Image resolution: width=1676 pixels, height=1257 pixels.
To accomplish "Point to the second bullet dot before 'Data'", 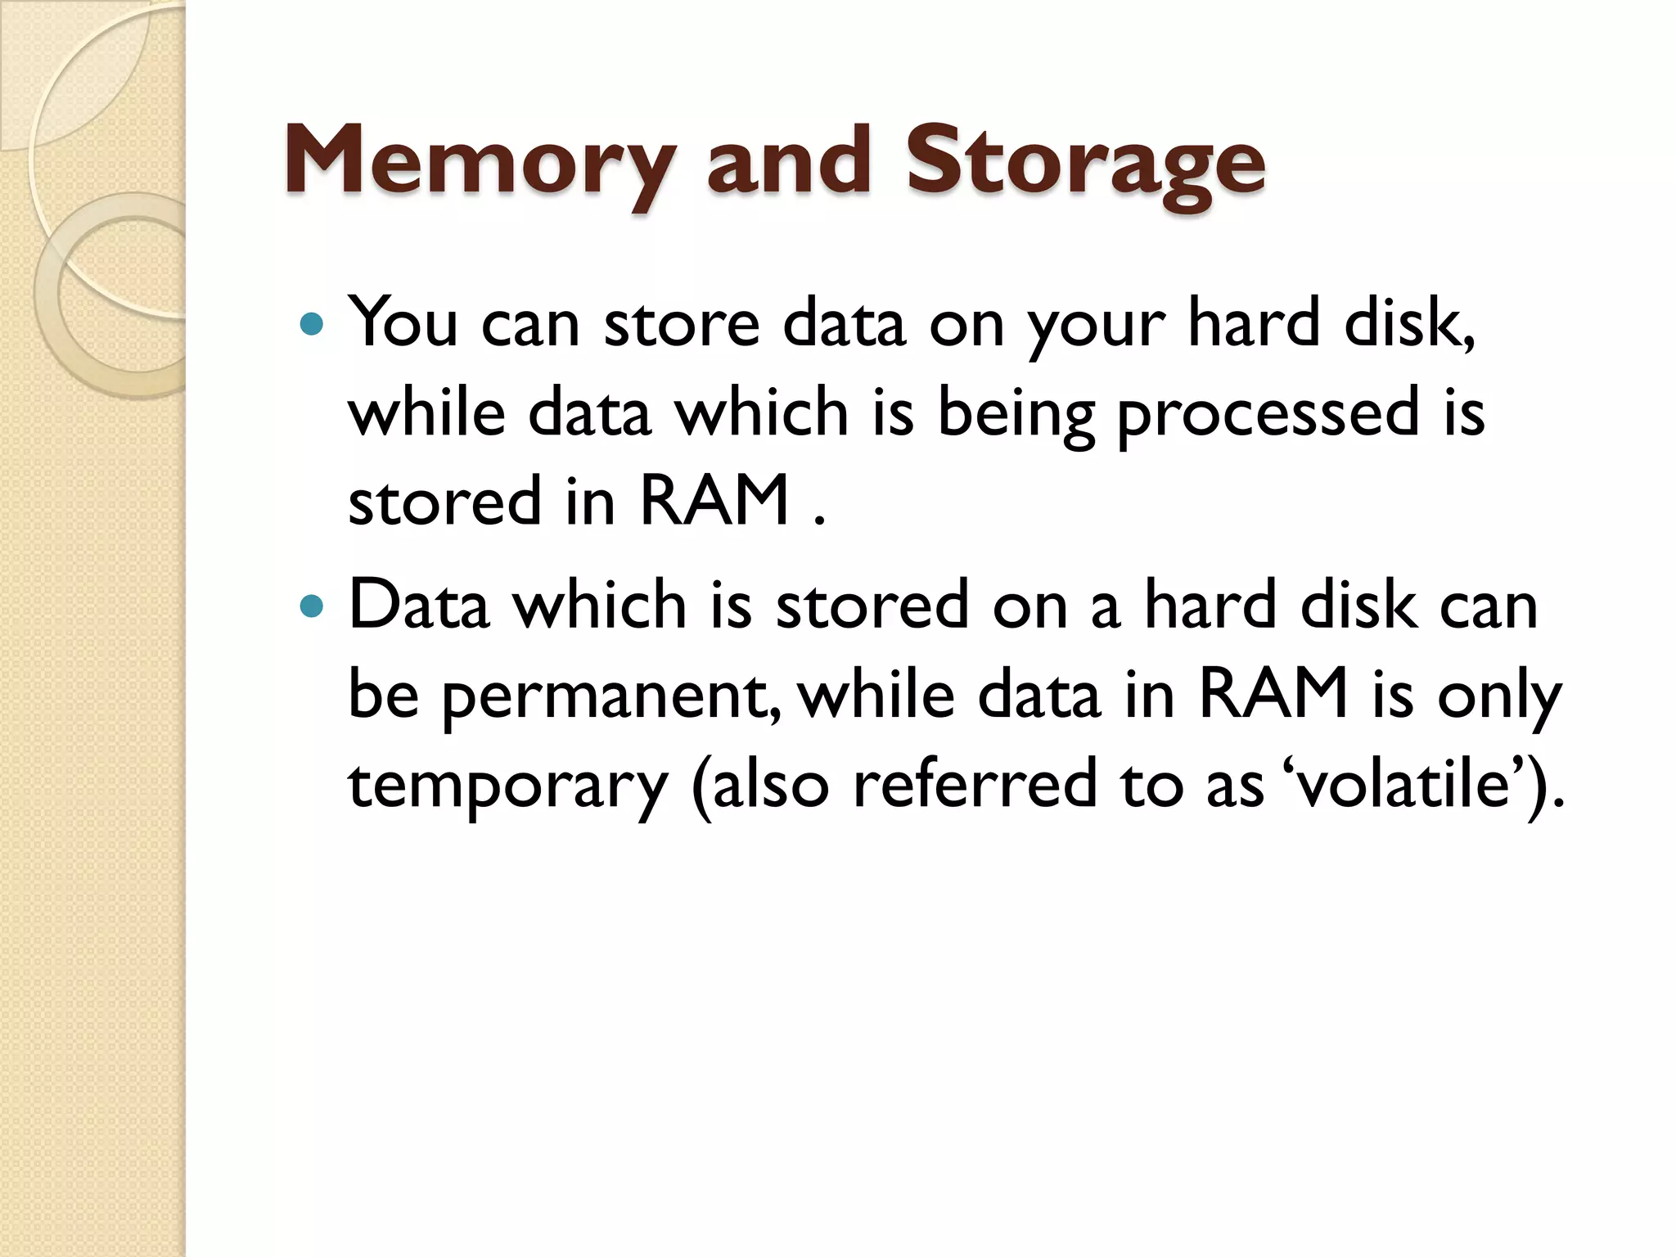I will click(312, 607).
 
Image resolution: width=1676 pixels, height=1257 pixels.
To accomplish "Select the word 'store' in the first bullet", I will click(682, 322).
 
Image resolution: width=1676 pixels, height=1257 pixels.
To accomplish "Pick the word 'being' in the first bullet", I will click(1016, 414).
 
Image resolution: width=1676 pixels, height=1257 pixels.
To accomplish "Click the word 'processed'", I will click(1268, 414).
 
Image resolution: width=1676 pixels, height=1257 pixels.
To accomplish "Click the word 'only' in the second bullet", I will click(1499, 696).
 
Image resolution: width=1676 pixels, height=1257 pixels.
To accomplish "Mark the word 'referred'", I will click(974, 784).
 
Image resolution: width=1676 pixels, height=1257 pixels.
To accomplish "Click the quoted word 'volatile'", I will click(1404, 784).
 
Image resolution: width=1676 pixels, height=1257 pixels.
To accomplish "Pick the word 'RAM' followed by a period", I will click(714, 501).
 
